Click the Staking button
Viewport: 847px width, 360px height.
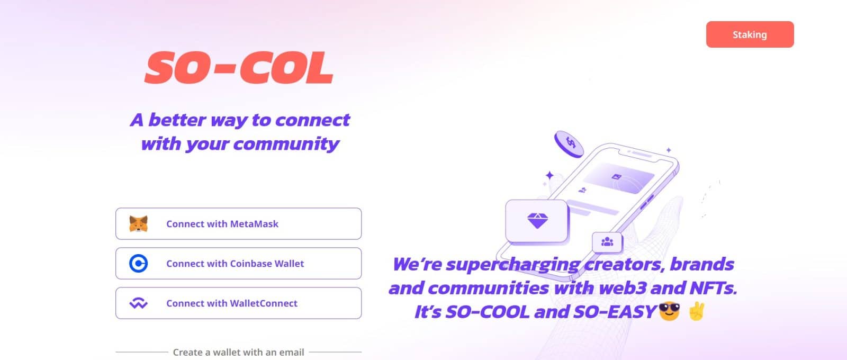(750, 34)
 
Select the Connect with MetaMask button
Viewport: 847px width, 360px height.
(238, 224)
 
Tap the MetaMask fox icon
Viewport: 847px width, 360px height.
(139, 224)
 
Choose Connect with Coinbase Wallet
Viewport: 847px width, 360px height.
(238, 264)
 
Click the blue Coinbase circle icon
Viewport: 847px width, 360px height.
(139, 264)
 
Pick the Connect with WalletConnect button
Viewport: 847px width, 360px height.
(238, 303)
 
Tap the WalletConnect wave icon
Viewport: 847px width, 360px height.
(139, 303)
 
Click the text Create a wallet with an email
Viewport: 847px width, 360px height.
(238, 352)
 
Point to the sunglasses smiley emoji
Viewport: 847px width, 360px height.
(669, 311)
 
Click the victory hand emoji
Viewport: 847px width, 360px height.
(696, 311)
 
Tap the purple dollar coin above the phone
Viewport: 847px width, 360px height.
(569, 144)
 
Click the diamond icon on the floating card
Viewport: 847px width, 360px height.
(537, 221)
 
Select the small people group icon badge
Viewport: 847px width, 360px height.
(607, 242)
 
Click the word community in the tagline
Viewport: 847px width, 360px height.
(286, 144)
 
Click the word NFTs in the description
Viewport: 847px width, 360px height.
(713, 288)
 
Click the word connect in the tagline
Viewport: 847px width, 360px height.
(312, 120)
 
